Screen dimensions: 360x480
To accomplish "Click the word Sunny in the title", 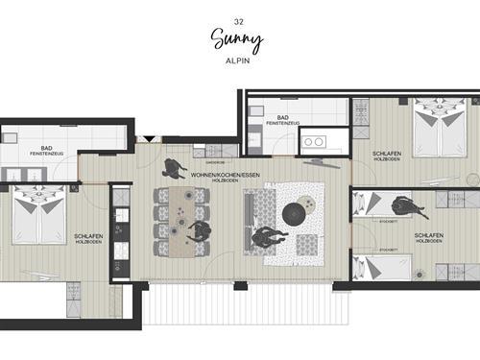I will [235, 37].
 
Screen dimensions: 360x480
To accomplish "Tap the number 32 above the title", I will [238, 20].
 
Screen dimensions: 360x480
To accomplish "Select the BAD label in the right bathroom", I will [283, 117].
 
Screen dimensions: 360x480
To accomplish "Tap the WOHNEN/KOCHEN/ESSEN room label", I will [224, 175].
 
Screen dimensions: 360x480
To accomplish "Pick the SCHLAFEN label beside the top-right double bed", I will [388, 154].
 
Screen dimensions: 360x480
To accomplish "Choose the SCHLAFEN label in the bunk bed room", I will [429, 235].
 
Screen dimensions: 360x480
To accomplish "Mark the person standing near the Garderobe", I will [174, 167].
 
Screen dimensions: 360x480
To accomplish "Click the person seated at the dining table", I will [199, 231].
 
